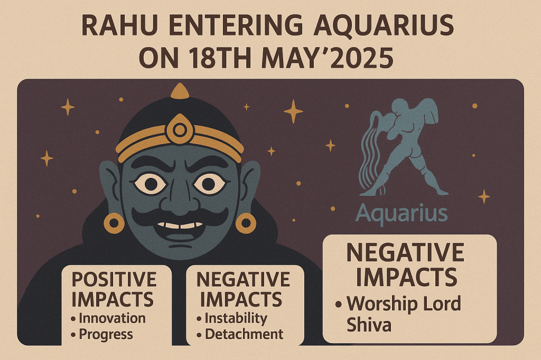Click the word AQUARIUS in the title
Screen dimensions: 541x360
pyautogui.click(x=384, y=25)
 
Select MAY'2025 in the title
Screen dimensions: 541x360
pyautogui.click(x=328, y=57)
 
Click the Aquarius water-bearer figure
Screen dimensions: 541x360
pyautogui.click(x=404, y=147)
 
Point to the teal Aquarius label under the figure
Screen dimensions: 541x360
pyautogui.click(x=402, y=214)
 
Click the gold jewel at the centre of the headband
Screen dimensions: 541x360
pyautogui.click(x=180, y=130)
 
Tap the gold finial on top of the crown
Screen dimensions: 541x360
pyautogui.click(x=180, y=91)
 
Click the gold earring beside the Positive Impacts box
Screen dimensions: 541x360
pyautogui.click(x=114, y=223)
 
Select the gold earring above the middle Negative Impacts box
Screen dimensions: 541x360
pyautogui.click(x=246, y=223)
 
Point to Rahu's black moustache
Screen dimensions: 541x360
pyautogui.click(x=180, y=217)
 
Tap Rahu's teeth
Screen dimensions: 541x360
pyautogui.click(x=180, y=225)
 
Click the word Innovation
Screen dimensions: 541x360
pyautogui.click(x=112, y=318)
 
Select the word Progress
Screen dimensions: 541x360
pyautogui.click(x=106, y=335)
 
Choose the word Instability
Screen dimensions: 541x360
pyautogui.click(x=236, y=318)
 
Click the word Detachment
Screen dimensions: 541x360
pyautogui.click(x=244, y=334)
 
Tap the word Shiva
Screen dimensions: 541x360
pyautogui.click(x=369, y=325)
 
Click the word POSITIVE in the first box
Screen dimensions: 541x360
pyautogui.click(x=114, y=279)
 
